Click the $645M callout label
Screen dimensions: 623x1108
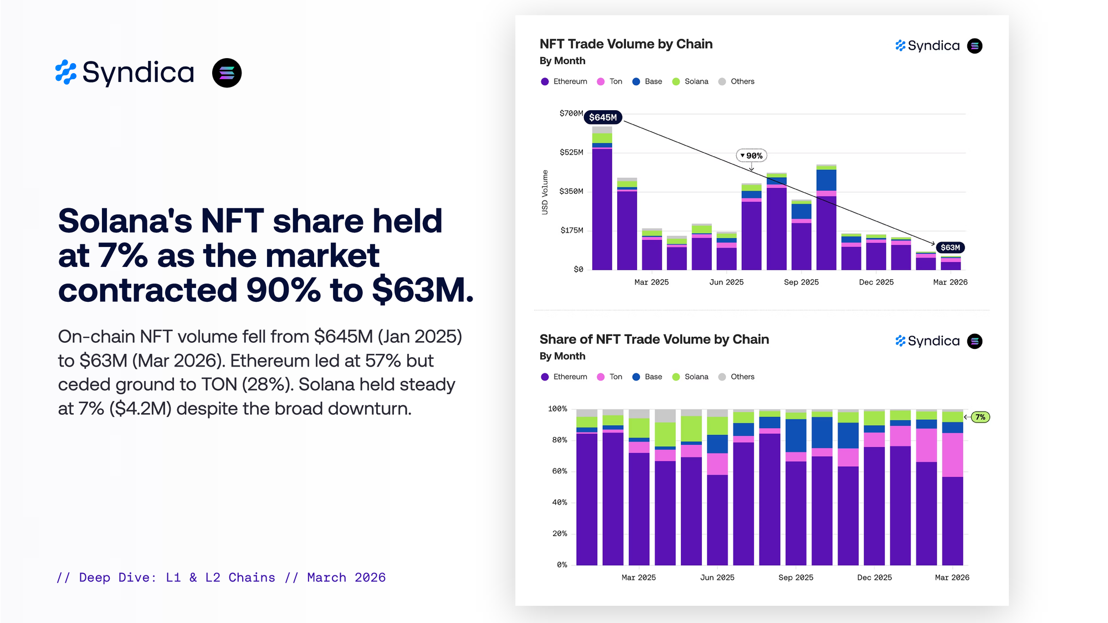coord(603,117)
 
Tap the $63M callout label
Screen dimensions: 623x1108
coord(950,248)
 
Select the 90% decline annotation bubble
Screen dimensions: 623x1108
coord(752,156)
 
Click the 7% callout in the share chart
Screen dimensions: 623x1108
coord(980,417)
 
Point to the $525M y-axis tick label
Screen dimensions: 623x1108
coord(571,152)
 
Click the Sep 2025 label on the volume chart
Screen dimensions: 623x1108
coord(801,282)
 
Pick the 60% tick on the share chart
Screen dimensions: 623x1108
coord(560,471)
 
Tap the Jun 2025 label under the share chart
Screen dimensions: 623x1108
coord(717,578)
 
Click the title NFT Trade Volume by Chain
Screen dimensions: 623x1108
coord(626,44)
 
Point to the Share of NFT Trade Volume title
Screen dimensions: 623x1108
coord(654,339)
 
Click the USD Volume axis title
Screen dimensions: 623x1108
coord(545,192)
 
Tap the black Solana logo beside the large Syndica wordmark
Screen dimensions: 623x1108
coord(227,73)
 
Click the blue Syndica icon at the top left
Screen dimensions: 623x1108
coord(66,73)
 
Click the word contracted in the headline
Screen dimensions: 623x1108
coord(147,290)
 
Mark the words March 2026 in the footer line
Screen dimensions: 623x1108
coord(346,578)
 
